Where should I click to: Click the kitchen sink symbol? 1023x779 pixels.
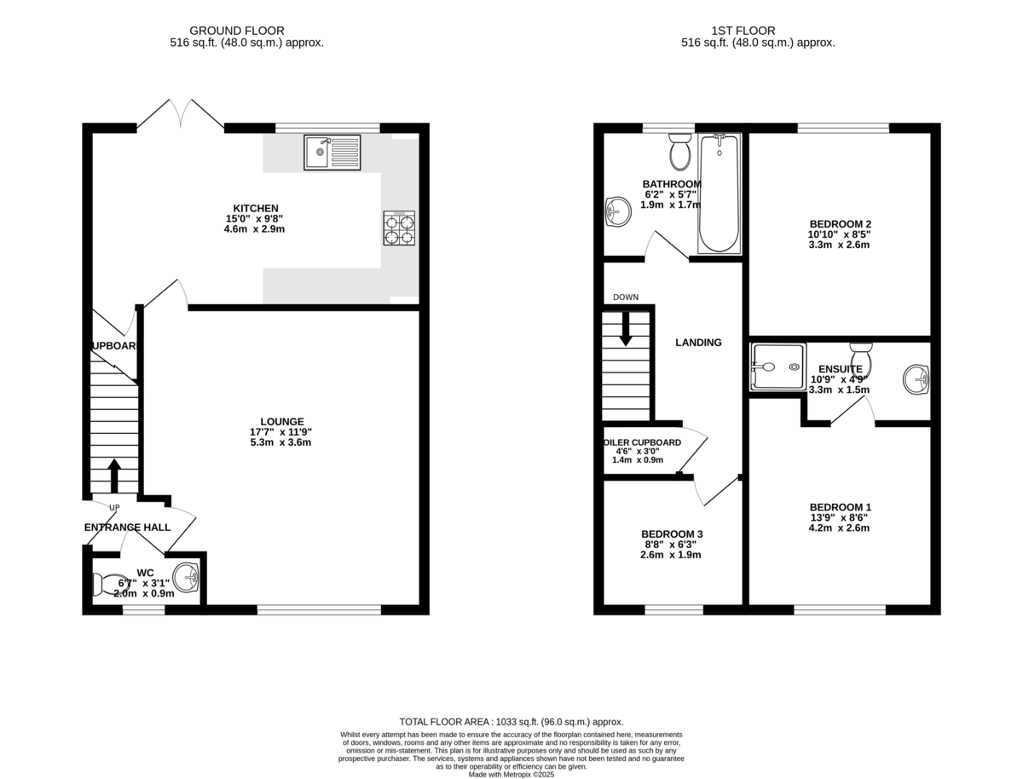[332, 153]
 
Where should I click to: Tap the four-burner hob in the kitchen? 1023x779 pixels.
[400, 228]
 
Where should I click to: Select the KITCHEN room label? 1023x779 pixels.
[256, 208]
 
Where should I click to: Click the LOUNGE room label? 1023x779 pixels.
[282, 421]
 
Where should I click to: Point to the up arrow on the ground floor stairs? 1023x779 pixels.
[113, 476]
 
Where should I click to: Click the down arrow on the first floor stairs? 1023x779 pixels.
[626, 329]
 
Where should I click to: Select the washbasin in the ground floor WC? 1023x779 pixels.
[187, 578]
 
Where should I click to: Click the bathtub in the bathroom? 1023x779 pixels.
[719, 193]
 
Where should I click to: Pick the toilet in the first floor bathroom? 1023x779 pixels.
[679, 152]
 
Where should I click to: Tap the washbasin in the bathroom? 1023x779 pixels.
[616, 211]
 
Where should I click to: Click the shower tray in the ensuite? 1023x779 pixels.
[777, 366]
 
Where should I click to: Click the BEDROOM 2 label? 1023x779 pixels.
[840, 224]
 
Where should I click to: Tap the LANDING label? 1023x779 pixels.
[698, 343]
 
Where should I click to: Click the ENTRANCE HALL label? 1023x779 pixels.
[127, 528]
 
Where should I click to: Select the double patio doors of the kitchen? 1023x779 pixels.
[180, 115]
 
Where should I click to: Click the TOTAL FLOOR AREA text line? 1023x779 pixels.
[511, 721]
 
